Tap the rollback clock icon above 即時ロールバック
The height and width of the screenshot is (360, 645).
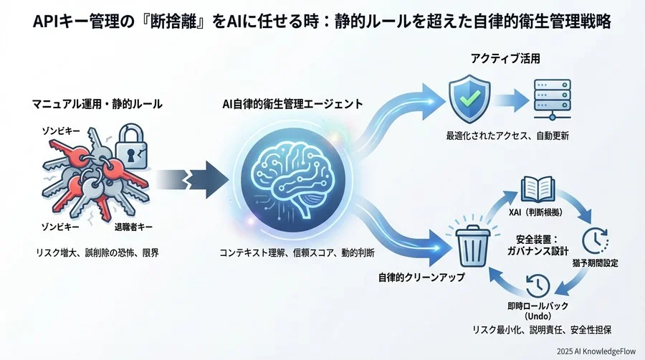point(537,285)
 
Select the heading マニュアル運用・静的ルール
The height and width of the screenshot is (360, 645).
point(97,104)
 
